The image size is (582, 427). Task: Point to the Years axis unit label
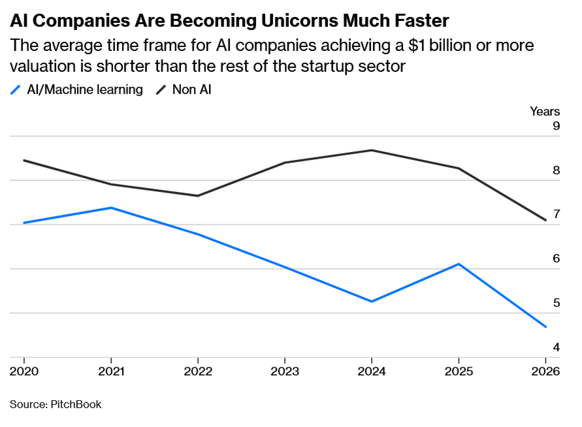coord(545,111)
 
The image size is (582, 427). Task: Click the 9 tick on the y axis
coord(556,126)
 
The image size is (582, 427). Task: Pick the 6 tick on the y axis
coord(556,258)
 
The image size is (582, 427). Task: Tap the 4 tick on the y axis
coord(556,347)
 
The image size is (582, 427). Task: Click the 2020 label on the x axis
coord(24,371)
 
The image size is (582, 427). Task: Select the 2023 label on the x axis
coord(285,371)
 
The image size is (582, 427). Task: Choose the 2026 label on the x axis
coord(545,371)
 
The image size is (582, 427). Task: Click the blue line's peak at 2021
coord(111,208)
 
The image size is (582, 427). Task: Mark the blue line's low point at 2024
coord(372,301)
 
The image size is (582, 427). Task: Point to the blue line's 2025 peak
coord(459,264)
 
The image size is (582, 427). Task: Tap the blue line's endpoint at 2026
coord(546,327)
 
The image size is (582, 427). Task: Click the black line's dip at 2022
coord(198,196)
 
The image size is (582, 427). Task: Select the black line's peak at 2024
coord(372,150)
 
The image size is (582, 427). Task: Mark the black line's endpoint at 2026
coord(546,220)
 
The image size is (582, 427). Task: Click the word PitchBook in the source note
coord(76,404)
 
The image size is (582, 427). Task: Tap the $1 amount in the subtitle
coord(416,46)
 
